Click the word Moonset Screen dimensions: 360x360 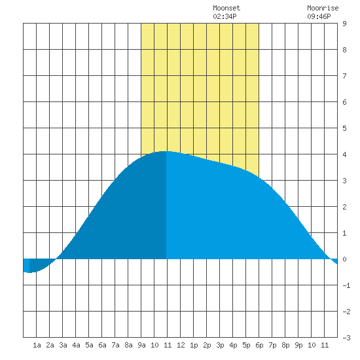[226, 8]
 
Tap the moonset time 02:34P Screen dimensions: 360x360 [225, 16]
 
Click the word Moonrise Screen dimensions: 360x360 [323, 8]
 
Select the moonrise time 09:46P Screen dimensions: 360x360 [319, 16]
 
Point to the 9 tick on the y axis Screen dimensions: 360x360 [344, 24]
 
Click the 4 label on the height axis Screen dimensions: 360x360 [344, 154]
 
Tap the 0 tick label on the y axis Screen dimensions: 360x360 [344, 259]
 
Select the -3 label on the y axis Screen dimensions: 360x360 [346, 338]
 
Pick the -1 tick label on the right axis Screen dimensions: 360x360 [346, 285]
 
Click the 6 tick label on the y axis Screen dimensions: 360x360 [344, 102]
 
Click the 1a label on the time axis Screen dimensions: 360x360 [37, 345]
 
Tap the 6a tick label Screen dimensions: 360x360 [102, 345]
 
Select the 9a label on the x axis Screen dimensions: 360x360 [141, 345]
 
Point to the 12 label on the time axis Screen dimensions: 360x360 [181, 345]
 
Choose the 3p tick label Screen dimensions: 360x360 [220, 345]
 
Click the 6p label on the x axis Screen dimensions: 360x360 [259, 345]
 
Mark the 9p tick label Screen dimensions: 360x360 [298, 345]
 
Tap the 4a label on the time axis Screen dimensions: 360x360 [76, 345]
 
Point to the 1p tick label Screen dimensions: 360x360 [194, 345]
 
